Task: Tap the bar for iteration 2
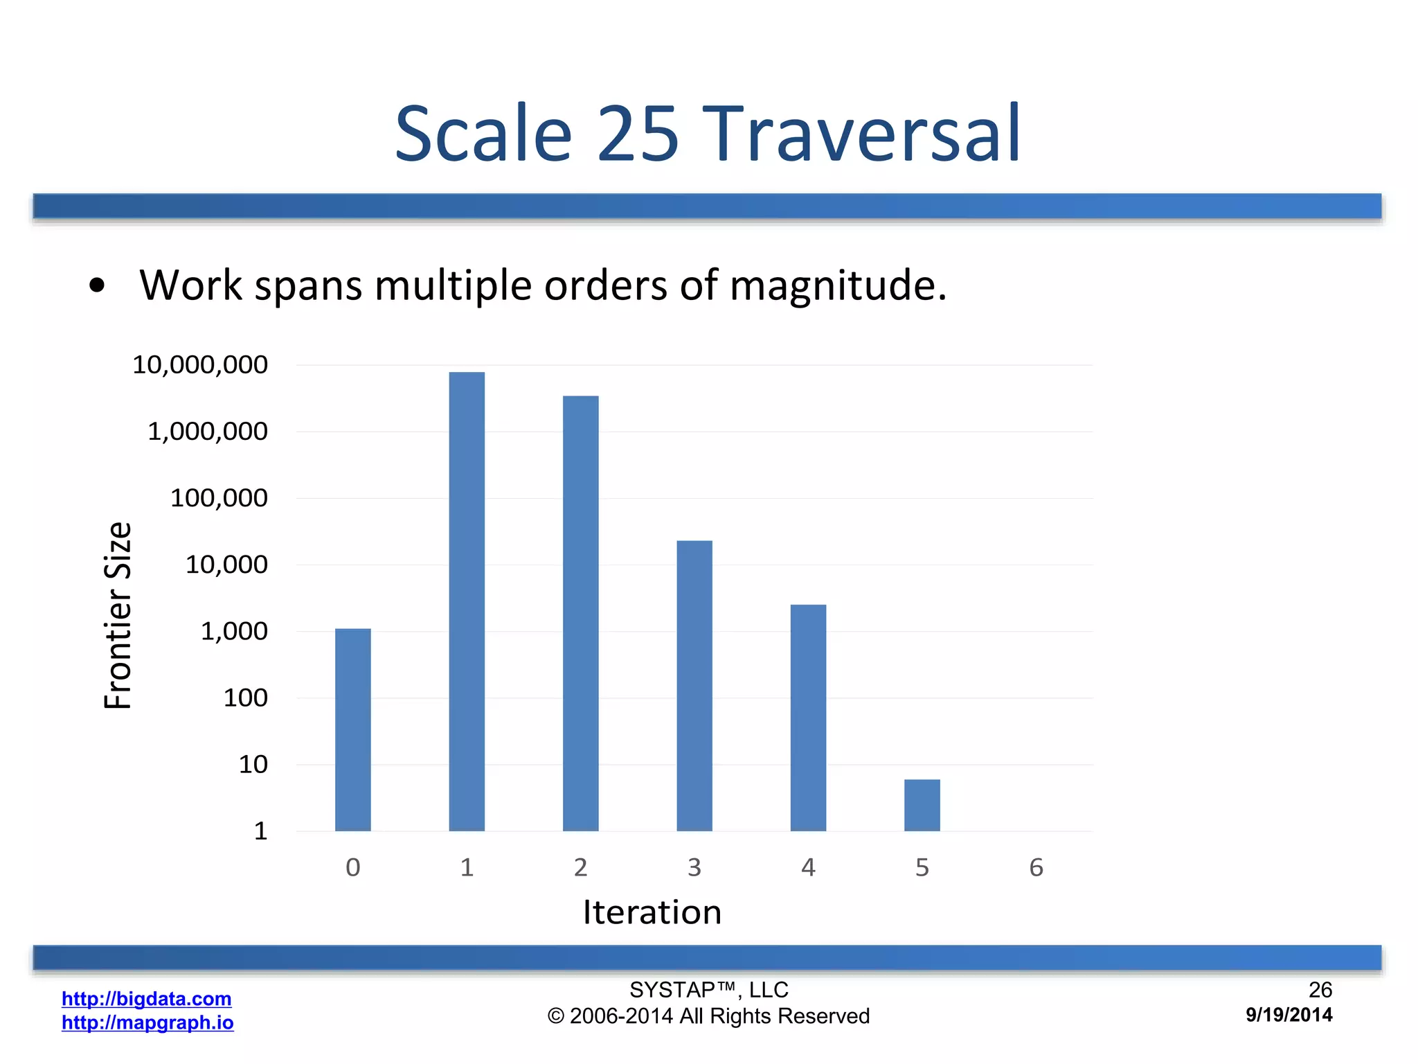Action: click(580, 613)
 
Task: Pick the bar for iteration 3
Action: click(694, 686)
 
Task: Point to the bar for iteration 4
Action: click(808, 718)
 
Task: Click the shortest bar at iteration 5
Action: click(922, 805)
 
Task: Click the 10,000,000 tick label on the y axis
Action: click(200, 365)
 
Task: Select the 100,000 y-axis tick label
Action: click(219, 498)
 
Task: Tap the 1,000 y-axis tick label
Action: click(234, 631)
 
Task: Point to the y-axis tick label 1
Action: click(260, 831)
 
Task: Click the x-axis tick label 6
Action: click(1036, 867)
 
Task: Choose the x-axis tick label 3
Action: click(694, 867)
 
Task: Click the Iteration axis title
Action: click(652, 912)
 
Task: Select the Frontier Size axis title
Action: click(118, 616)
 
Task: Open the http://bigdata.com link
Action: click(147, 999)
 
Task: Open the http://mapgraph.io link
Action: click(147, 1022)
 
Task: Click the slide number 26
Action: click(1320, 990)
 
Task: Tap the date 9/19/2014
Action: click(1289, 1015)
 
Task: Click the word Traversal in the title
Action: click(862, 134)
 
